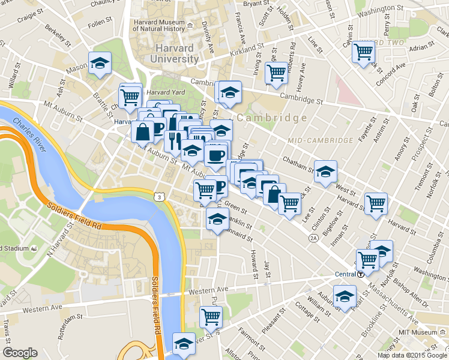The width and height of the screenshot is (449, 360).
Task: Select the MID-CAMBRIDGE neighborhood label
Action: tap(320, 140)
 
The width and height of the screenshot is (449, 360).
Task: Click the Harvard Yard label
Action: tap(165, 92)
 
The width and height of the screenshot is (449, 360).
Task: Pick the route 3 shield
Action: tap(158, 196)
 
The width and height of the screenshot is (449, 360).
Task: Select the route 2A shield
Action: tap(313, 238)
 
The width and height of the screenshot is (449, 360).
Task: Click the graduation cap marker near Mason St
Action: tap(100, 63)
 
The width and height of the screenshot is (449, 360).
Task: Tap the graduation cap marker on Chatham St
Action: tap(325, 171)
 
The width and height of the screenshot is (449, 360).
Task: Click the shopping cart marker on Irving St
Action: tap(276, 73)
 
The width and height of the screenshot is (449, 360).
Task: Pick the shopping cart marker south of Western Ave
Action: tap(210, 316)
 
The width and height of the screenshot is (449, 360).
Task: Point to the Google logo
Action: tap(20, 352)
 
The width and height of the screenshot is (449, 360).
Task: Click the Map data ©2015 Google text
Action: tap(411, 355)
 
